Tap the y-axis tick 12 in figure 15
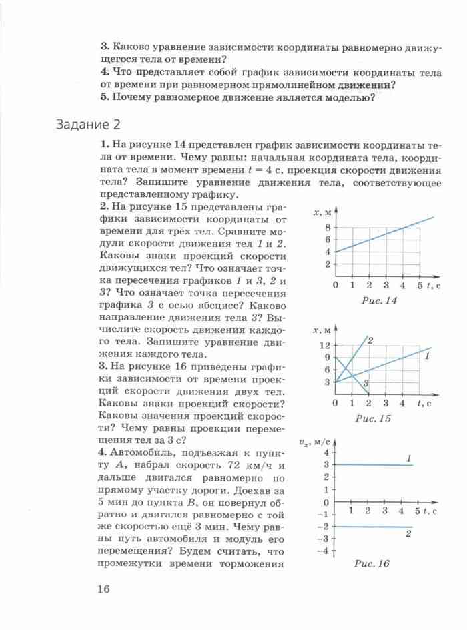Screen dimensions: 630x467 pyautogui.click(x=325, y=345)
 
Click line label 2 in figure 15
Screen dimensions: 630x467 pyautogui.click(x=370, y=341)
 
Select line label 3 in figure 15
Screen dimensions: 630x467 pyautogui.click(x=366, y=382)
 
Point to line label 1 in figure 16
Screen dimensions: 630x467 pyautogui.click(x=407, y=457)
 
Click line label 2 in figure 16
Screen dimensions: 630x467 pyautogui.click(x=407, y=534)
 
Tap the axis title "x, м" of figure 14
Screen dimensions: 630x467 pyautogui.click(x=323, y=212)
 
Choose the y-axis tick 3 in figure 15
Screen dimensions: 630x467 pyautogui.click(x=326, y=382)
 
